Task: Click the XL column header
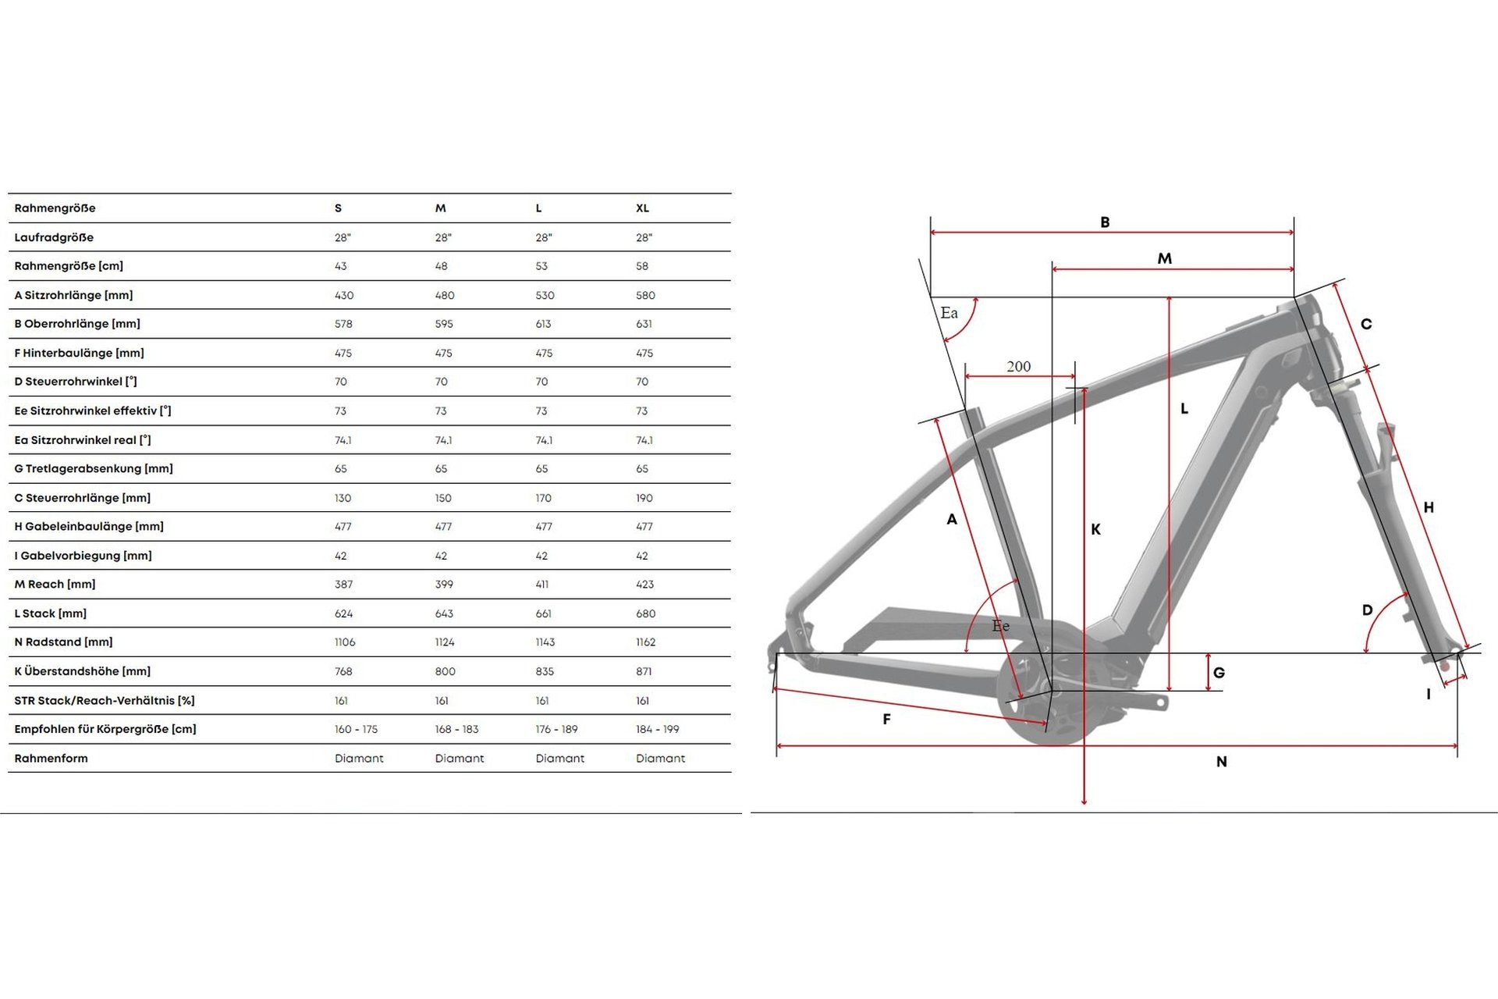pyautogui.click(x=642, y=208)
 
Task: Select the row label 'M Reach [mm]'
pyautogui.click(x=55, y=585)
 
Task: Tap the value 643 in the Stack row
pyautogui.click(x=444, y=613)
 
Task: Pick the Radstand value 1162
pyautogui.click(x=645, y=642)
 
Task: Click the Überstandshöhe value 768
pyautogui.click(x=343, y=671)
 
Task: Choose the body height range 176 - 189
pyautogui.click(x=556, y=729)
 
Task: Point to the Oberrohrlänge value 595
pyautogui.click(x=444, y=324)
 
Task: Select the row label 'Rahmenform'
pyautogui.click(x=51, y=759)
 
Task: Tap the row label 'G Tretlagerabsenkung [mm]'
pyautogui.click(x=94, y=469)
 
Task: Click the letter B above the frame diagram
pyautogui.click(x=1105, y=222)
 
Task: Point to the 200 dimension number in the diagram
pyautogui.click(x=1018, y=367)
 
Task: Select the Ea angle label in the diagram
pyautogui.click(x=949, y=313)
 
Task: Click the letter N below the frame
pyautogui.click(x=1222, y=762)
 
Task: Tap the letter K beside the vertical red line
pyautogui.click(x=1096, y=530)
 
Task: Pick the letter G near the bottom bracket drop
pyautogui.click(x=1219, y=673)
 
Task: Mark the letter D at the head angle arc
pyautogui.click(x=1367, y=610)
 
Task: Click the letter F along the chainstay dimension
pyautogui.click(x=886, y=720)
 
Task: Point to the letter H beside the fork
pyautogui.click(x=1429, y=508)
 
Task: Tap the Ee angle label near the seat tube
pyautogui.click(x=1001, y=626)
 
